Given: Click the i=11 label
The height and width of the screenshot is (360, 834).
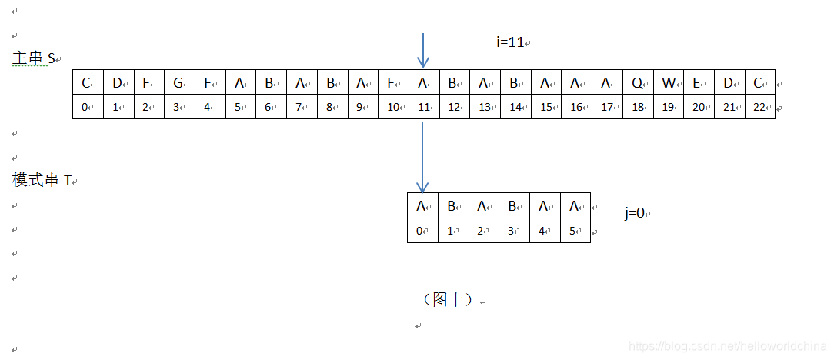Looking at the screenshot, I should (x=512, y=43).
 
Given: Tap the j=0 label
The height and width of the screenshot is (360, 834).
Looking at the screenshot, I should (x=636, y=213).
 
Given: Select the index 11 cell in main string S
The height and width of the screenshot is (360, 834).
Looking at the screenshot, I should (x=424, y=107).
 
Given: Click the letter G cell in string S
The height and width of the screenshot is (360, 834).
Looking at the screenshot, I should (x=179, y=83).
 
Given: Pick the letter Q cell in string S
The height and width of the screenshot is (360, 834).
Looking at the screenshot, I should (x=638, y=83).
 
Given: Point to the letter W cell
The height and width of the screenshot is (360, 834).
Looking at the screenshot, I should (x=669, y=83).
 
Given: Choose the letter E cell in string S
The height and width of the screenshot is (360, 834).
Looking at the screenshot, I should (x=699, y=83).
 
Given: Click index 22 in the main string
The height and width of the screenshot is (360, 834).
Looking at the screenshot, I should (x=759, y=107).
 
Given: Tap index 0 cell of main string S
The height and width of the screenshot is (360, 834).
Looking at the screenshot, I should (x=88, y=107).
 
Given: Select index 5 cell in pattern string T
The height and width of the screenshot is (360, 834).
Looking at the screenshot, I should (x=575, y=230).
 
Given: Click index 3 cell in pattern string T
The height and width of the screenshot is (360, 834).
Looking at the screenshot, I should (x=514, y=230).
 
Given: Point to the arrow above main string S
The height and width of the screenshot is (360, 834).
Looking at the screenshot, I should (x=423, y=50).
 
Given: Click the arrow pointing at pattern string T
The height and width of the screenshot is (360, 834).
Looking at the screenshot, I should (x=422, y=158).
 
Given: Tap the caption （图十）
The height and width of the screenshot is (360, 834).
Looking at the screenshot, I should (x=448, y=300).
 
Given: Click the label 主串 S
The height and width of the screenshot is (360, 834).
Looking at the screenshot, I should (x=34, y=58).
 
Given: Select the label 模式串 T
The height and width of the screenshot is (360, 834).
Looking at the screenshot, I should (x=42, y=180).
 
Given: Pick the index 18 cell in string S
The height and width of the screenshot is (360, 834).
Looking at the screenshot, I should (x=638, y=107).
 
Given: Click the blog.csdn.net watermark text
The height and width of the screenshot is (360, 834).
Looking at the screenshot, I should (x=726, y=346).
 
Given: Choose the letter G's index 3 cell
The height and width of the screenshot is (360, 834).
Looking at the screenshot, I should (x=179, y=107).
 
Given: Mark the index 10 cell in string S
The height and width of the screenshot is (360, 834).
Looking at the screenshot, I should (x=393, y=107).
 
